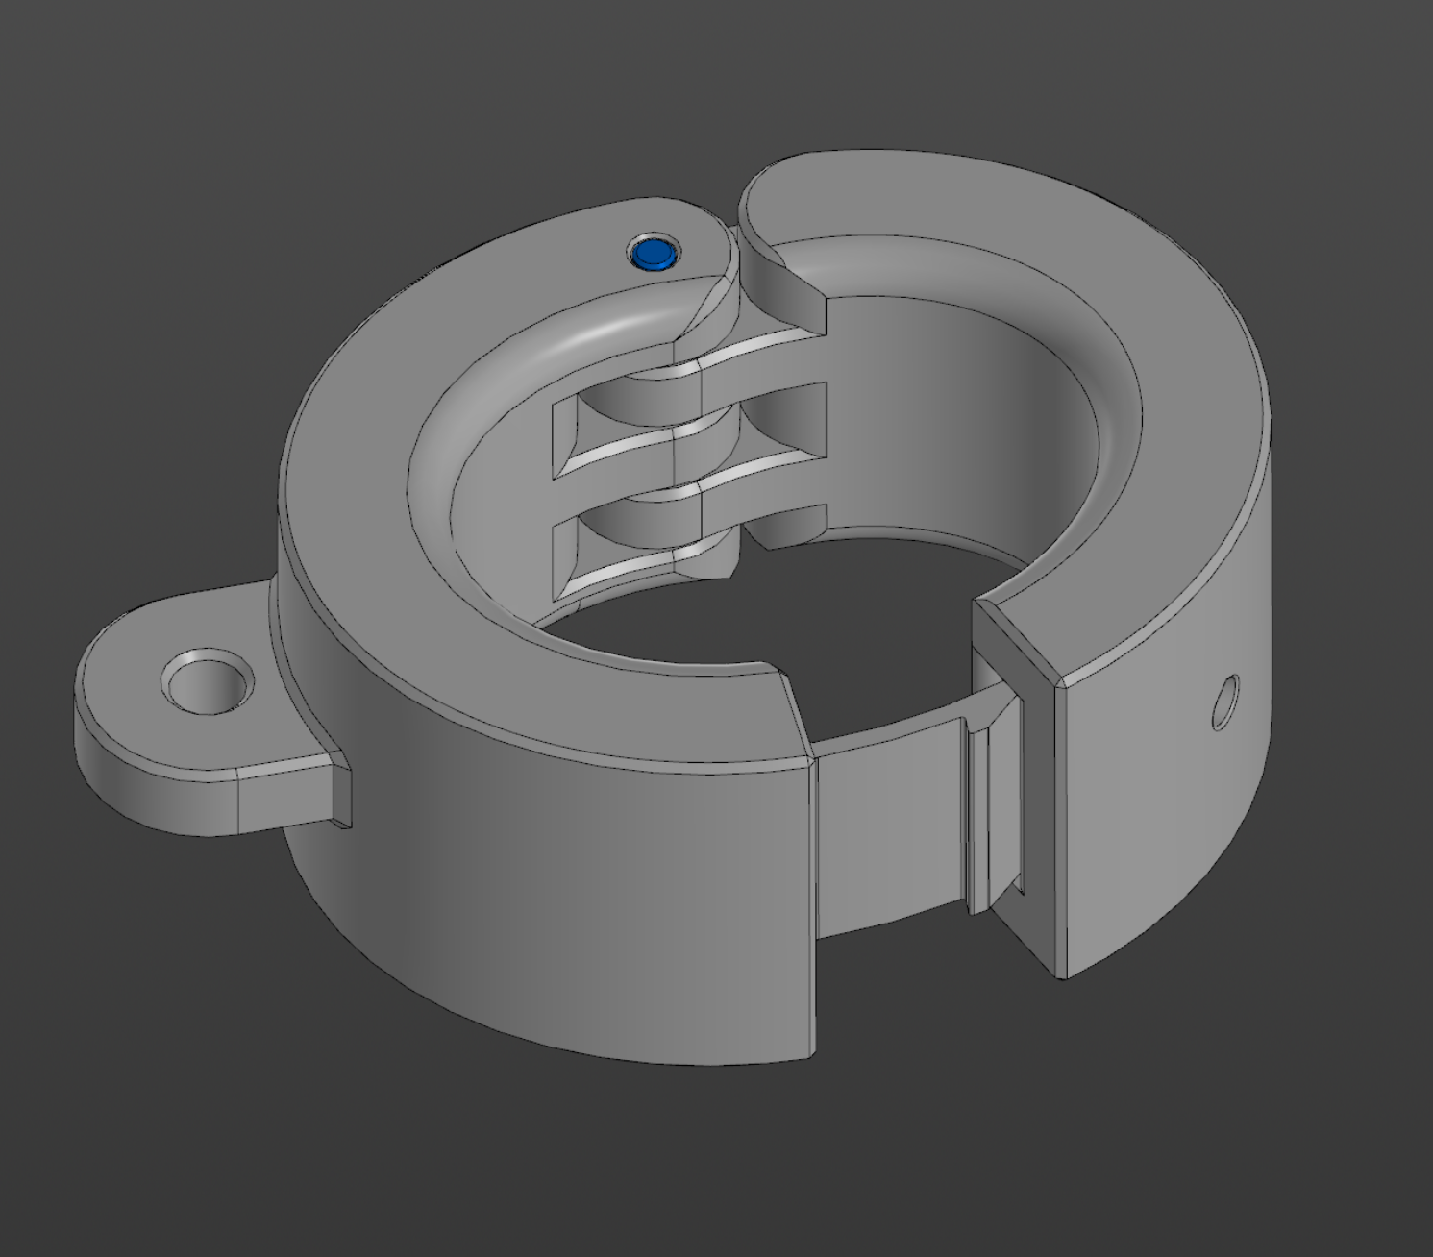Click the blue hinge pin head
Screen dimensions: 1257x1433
tap(654, 254)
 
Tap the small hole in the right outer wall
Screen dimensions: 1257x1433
tap(1224, 702)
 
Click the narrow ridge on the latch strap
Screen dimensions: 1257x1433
tap(978, 817)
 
